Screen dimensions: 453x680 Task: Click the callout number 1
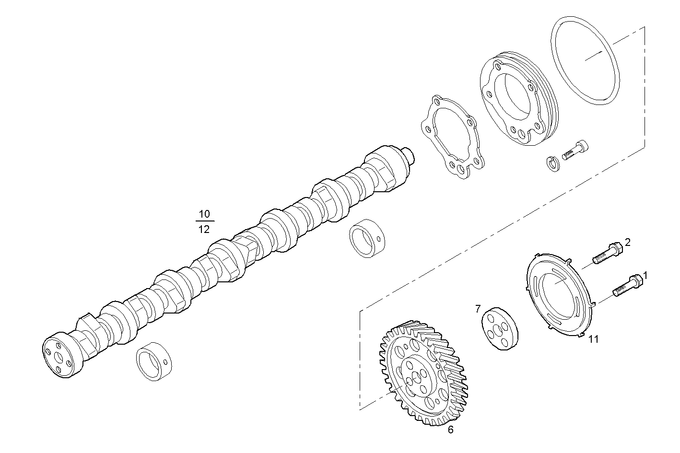[645, 276]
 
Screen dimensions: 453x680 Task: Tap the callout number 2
[627, 242]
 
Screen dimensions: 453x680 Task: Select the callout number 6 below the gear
[450, 430]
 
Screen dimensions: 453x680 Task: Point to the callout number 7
[478, 309]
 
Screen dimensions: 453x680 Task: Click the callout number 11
[594, 339]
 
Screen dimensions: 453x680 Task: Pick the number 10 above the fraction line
[204, 214]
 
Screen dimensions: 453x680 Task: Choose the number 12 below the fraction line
[204, 229]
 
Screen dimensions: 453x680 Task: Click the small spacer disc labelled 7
[500, 330]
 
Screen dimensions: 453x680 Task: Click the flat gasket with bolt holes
[451, 137]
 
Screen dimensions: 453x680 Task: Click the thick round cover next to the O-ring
[518, 101]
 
